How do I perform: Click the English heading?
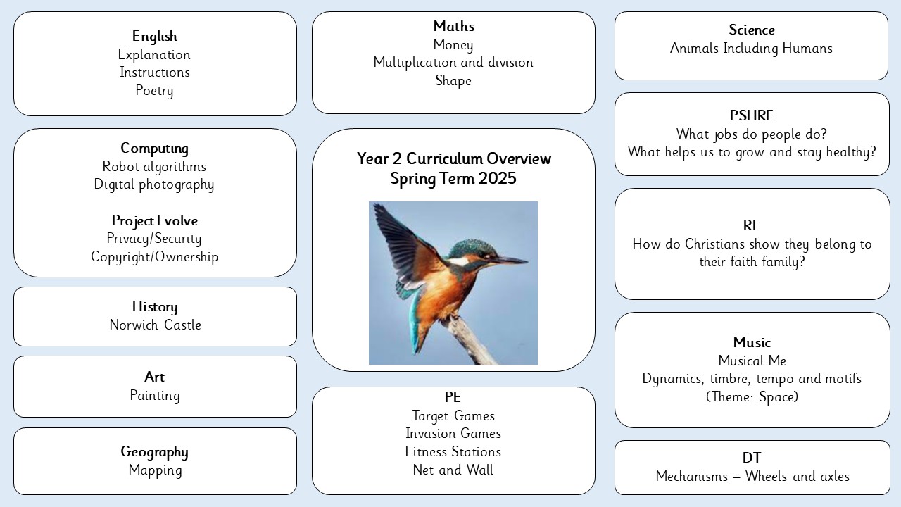pos(154,36)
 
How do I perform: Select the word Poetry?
pos(154,91)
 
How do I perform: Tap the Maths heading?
pos(454,26)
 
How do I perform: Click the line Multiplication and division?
pos(453,63)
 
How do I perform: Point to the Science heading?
pos(751,30)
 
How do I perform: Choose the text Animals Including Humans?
pos(751,49)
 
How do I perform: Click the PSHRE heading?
pos(751,116)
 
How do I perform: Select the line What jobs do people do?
pos(751,134)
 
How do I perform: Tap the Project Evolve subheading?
pos(154,221)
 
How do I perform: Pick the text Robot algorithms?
pos(154,167)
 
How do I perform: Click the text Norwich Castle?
pos(156,325)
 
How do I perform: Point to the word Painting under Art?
pos(154,396)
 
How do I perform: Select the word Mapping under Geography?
pos(156,470)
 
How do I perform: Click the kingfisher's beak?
pos(511,261)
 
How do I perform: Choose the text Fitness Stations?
pos(453,452)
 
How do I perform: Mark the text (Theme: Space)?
pos(752,396)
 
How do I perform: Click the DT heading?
pos(751,458)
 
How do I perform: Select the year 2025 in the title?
pos(497,179)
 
